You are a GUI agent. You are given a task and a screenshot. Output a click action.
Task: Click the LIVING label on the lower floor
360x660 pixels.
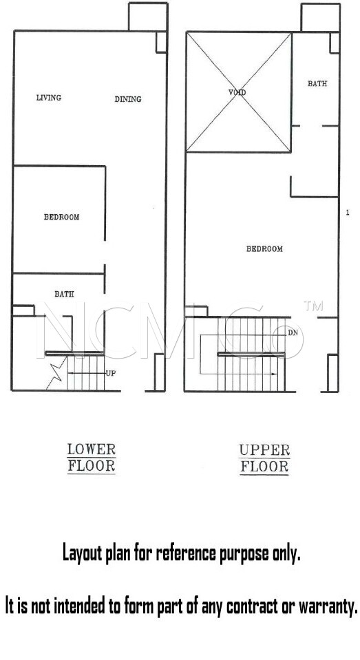[x=48, y=98]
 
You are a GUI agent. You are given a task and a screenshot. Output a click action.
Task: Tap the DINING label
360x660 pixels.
[x=128, y=99]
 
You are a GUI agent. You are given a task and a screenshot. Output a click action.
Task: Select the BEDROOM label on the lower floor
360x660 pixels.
[x=61, y=217]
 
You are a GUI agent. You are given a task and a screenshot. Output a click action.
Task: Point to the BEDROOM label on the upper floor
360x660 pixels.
[x=264, y=248]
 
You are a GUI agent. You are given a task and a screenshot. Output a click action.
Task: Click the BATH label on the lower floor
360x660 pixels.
[x=64, y=295]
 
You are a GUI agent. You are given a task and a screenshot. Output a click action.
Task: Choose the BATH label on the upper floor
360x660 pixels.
[x=317, y=84]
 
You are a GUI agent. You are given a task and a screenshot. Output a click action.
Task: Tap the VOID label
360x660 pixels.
[x=237, y=92]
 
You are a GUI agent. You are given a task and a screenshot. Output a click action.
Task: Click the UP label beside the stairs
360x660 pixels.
[x=111, y=373]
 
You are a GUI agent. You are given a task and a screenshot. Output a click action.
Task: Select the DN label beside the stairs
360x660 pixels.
[x=293, y=333]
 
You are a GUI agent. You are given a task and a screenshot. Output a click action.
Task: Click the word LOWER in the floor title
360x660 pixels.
[x=92, y=449]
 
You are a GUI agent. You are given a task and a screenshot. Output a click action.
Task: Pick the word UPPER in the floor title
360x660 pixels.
[x=264, y=450]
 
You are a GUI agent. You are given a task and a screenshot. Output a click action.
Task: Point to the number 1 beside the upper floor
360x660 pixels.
[x=348, y=213]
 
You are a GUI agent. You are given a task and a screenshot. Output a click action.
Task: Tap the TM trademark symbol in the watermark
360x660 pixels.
[x=313, y=306]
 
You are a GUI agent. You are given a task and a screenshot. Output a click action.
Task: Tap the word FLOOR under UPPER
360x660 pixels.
[x=264, y=467]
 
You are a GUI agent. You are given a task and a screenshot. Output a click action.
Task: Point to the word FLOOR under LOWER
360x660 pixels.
[x=92, y=467]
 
